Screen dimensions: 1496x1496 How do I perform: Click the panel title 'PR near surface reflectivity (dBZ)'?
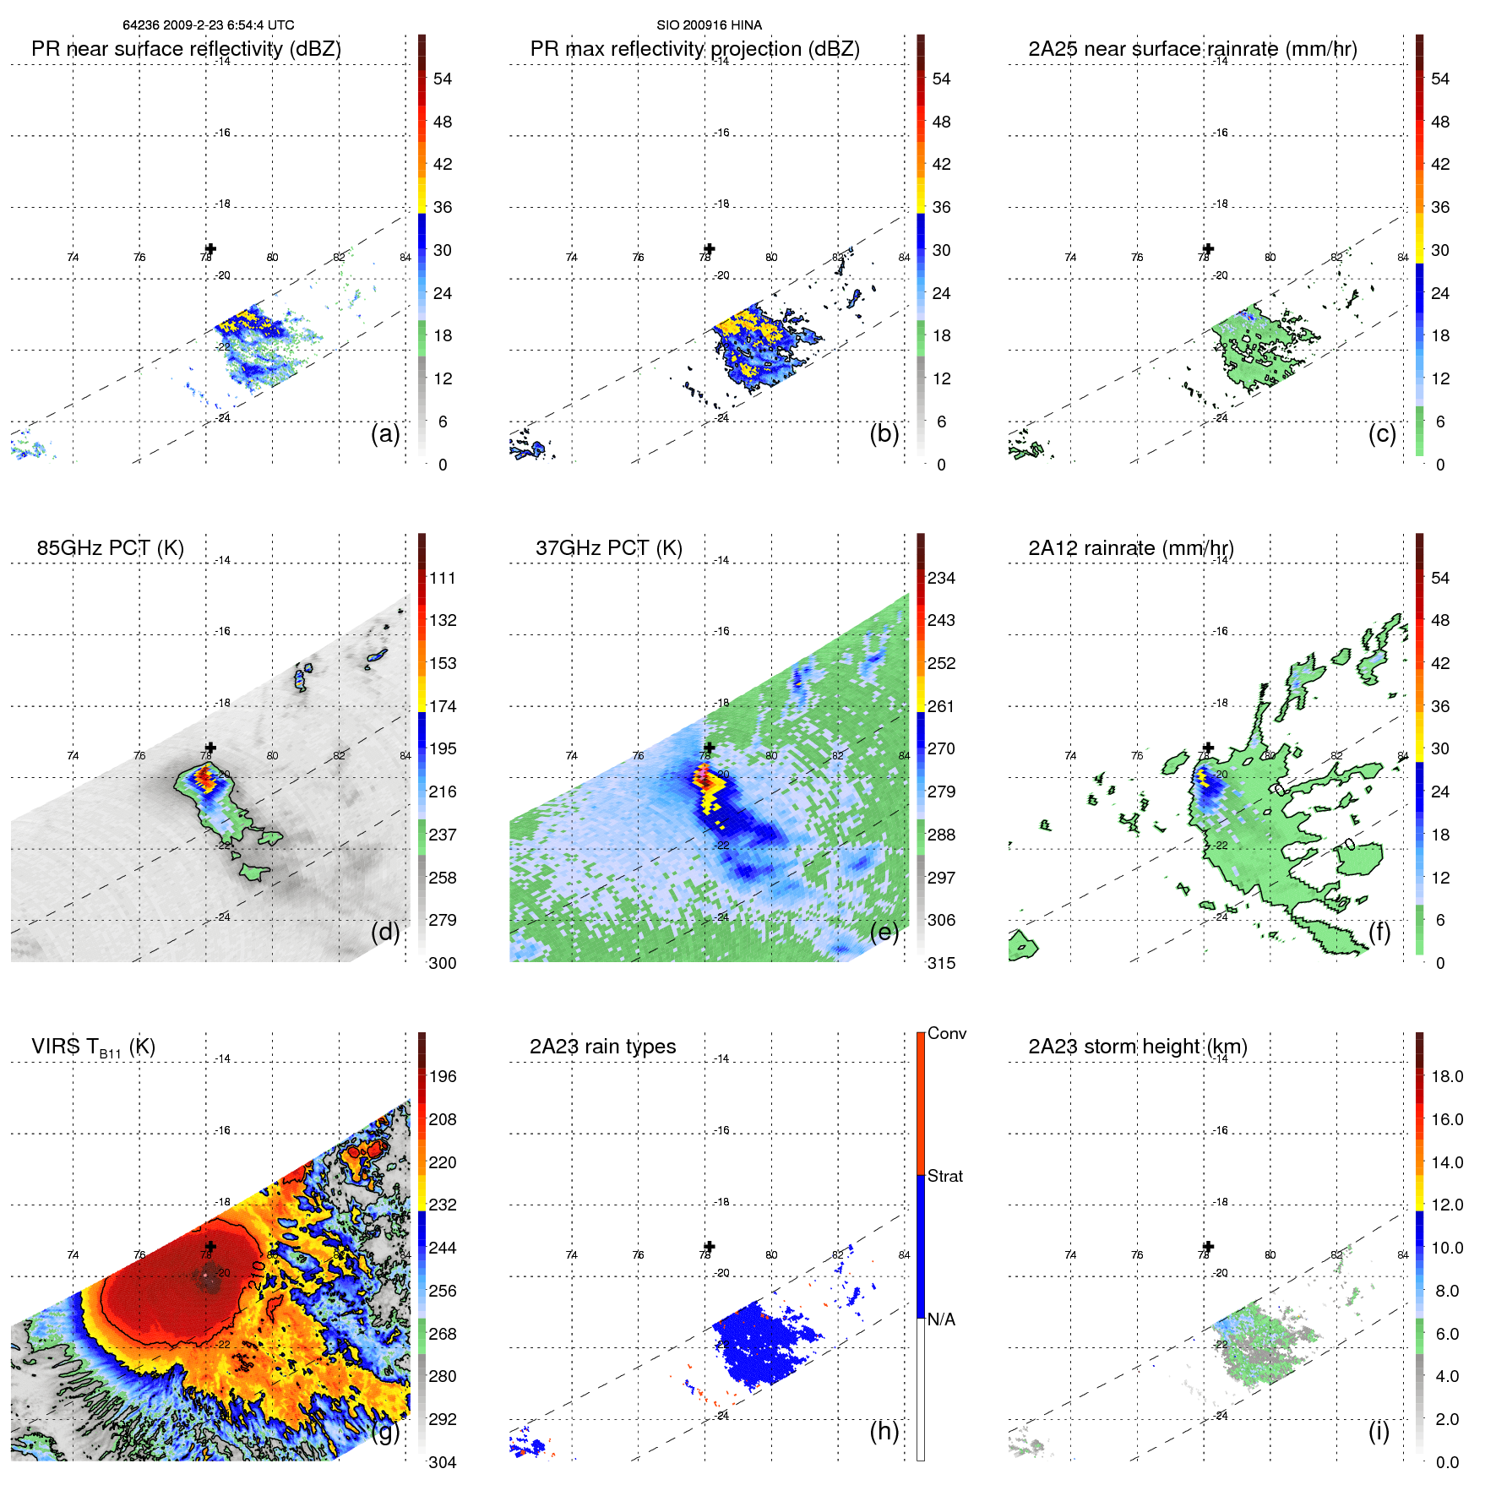tap(186, 49)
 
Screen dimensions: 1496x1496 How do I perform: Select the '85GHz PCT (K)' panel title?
tap(110, 548)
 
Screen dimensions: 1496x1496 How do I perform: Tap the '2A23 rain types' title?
tap(602, 1047)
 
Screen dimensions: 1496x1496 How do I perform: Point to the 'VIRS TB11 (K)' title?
tap(93, 1047)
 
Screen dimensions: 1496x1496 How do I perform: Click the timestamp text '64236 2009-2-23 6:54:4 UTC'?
tap(208, 25)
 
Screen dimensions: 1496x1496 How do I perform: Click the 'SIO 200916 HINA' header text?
tap(709, 25)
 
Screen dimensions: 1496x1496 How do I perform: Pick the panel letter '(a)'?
tap(384, 434)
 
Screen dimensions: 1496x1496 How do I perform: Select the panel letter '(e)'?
tap(884, 933)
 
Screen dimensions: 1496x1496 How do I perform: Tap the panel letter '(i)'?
tap(1379, 1431)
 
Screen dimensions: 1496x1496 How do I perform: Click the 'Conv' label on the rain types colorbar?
tap(946, 1033)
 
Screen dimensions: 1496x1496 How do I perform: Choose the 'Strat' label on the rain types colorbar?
tap(944, 1176)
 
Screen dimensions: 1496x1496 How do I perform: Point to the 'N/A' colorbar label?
tap(941, 1319)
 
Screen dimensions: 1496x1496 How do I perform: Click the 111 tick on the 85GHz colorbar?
tap(443, 578)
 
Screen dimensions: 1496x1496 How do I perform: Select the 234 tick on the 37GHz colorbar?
tap(941, 578)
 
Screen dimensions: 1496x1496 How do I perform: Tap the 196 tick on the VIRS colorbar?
tap(443, 1076)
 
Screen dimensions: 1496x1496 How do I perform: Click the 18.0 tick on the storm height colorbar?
tap(1446, 1076)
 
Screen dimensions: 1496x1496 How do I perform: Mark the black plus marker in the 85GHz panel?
tap(210, 747)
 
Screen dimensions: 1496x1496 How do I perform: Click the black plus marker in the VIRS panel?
tap(210, 1246)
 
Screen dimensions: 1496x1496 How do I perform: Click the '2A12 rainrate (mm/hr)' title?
tap(1130, 548)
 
